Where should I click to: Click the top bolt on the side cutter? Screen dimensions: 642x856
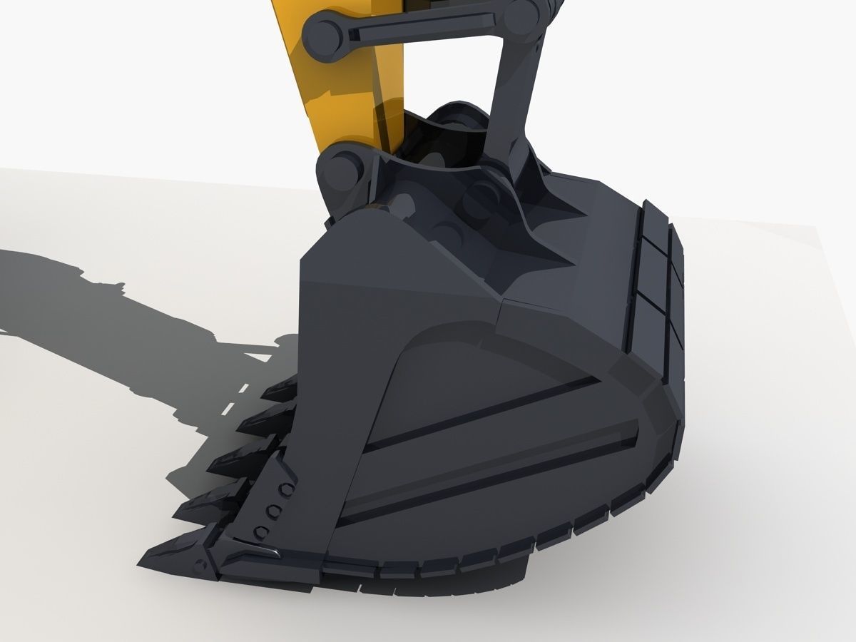[x=286, y=489]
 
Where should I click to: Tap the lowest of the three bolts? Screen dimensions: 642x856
[x=261, y=531]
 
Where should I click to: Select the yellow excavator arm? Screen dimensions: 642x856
[x=342, y=71]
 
